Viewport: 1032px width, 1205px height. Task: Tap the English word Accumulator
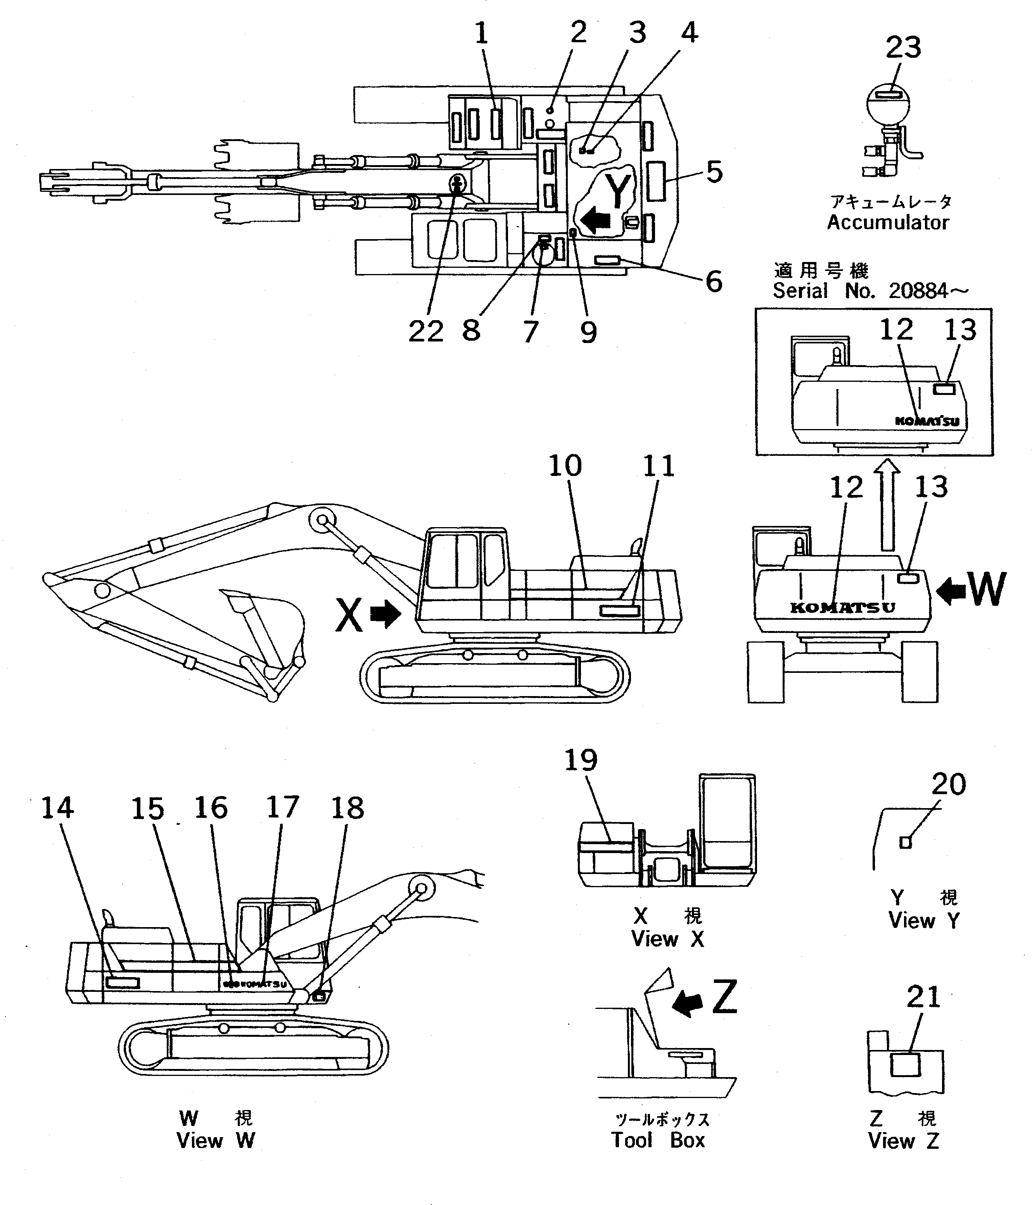tap(888, 222)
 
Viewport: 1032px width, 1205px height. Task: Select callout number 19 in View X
tap(581, 761)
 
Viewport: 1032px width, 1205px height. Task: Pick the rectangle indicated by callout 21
tap(906, 1064)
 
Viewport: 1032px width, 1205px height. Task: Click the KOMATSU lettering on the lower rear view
tap(842, 608)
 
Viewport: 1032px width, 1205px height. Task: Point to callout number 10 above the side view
tap(565, 466)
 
